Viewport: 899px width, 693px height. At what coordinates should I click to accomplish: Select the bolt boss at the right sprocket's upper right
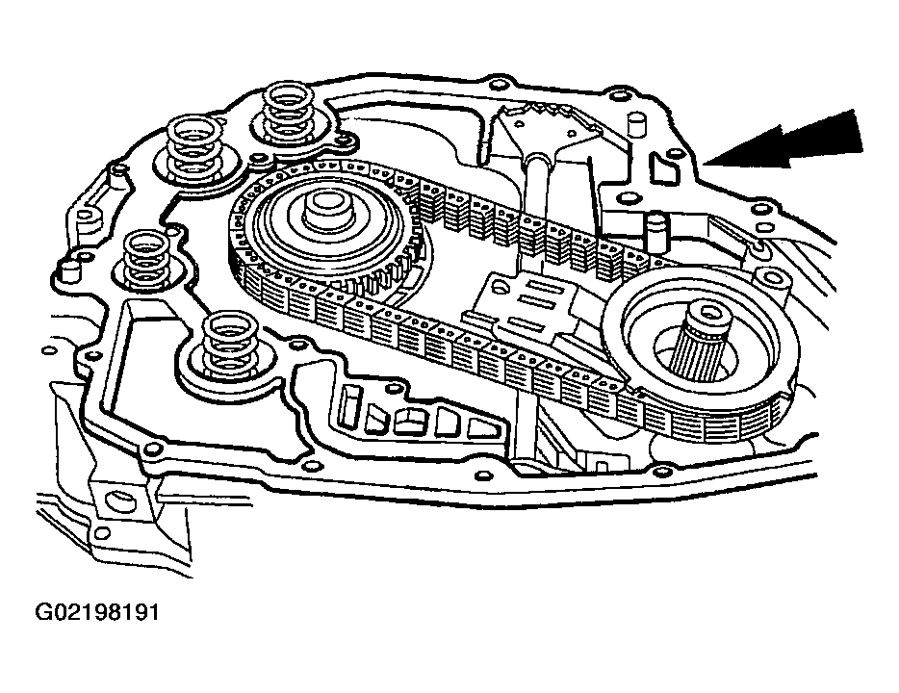click(760, 251)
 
